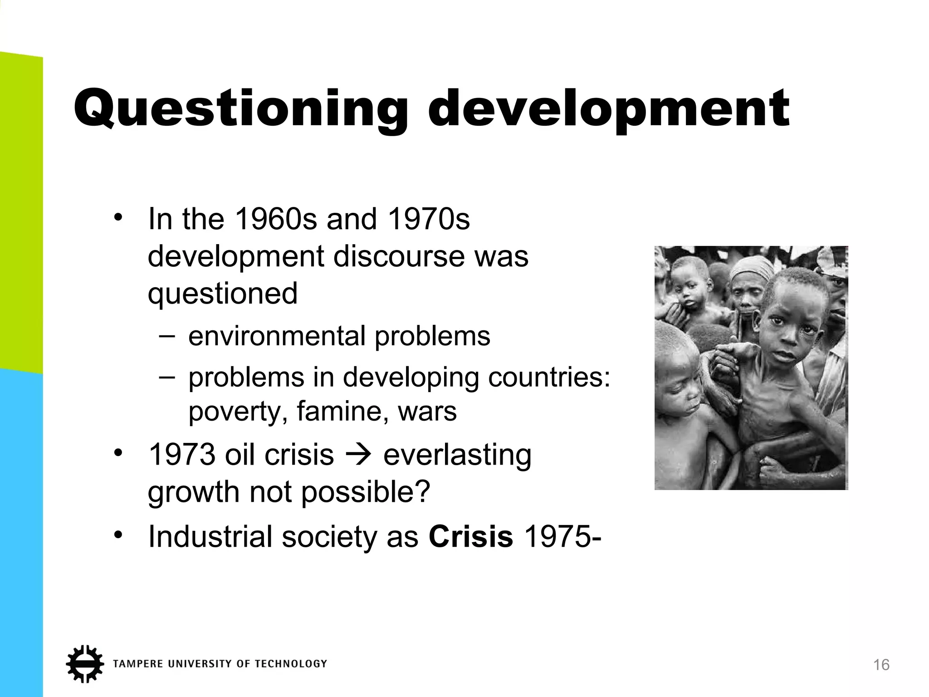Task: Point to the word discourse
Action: coord(399,256)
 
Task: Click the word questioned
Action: coord(223,294)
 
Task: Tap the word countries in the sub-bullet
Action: coord(549,377)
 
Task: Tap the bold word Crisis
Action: coord(471,537)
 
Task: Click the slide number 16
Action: coord(881,665)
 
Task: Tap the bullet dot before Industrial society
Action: coord(119,535)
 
